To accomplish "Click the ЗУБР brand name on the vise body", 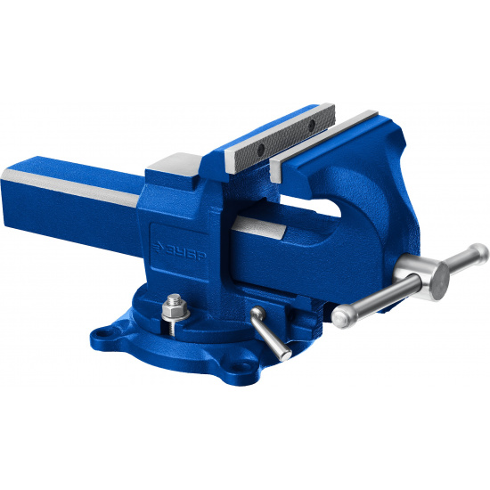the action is click(x=184, y=252).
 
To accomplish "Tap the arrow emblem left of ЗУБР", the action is click(x=158, y=247).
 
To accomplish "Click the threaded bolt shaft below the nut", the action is click(x=173, y=328).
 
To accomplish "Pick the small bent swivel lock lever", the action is click(x=269, y=332).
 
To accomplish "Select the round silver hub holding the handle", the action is click(x=425, y=275).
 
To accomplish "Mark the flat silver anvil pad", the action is click(x=175, y=165).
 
